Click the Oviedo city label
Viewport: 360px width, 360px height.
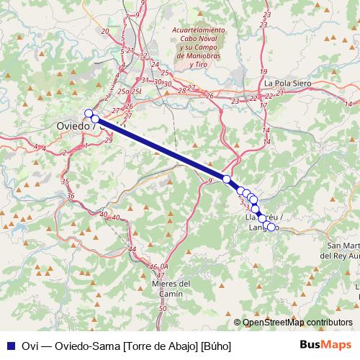tap(73, 126)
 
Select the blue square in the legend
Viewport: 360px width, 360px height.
tap(9, 346)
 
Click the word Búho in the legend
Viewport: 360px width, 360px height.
tap(217, 346)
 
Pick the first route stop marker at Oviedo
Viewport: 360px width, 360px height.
tap(89, 113)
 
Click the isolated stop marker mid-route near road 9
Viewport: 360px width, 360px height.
tap(226, 179)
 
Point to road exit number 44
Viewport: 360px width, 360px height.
tap(132, 249)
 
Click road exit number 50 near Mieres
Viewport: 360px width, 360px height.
tap(162, 308)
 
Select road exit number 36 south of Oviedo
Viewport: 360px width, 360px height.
tap(71, 196)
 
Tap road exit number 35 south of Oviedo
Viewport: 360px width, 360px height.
tap(65, 182)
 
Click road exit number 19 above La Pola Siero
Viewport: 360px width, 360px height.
tap(264, 72)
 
